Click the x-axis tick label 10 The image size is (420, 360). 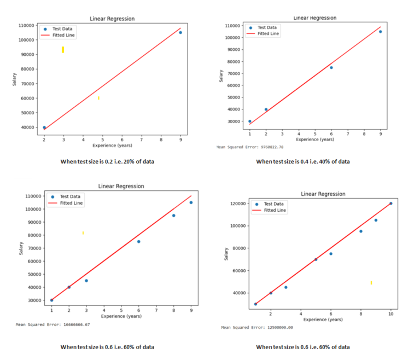click(x=390, y=314)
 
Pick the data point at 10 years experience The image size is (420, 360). click(x=390, y=203)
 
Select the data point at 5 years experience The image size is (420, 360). click(x=316, y=259)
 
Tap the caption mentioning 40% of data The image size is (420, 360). click(x=303, y=161)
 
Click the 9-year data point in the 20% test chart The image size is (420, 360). click(x=180, y=32)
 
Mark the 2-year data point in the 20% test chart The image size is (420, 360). click(x=44, y=127)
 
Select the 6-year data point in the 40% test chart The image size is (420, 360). click(x=331, y=67)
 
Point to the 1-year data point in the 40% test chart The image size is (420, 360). click(x=250, y=121)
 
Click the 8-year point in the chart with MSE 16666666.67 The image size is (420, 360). click(x=173, y=216)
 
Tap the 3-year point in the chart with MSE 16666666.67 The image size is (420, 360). click(x=86, y=281)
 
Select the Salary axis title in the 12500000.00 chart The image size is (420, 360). click(x=226, y=254)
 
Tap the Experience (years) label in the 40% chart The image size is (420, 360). click(x=315, y=140)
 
